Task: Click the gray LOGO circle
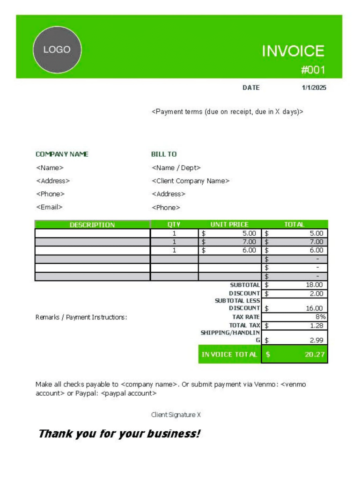(57, 50)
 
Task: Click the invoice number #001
(313, 70)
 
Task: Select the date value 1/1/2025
(314, 87)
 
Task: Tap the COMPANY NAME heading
(62, 154)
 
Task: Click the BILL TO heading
(164, 154)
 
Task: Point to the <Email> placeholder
(49, 207)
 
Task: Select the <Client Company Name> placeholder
(191, 181)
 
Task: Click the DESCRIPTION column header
(92, 225)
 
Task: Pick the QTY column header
(174, 225)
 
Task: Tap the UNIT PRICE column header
(229, 225)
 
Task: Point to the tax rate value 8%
(320, 317)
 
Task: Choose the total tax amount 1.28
(316, 325)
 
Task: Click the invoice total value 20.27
(315, 354)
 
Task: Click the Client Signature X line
(176, 414)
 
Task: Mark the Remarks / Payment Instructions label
(81, 317)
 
